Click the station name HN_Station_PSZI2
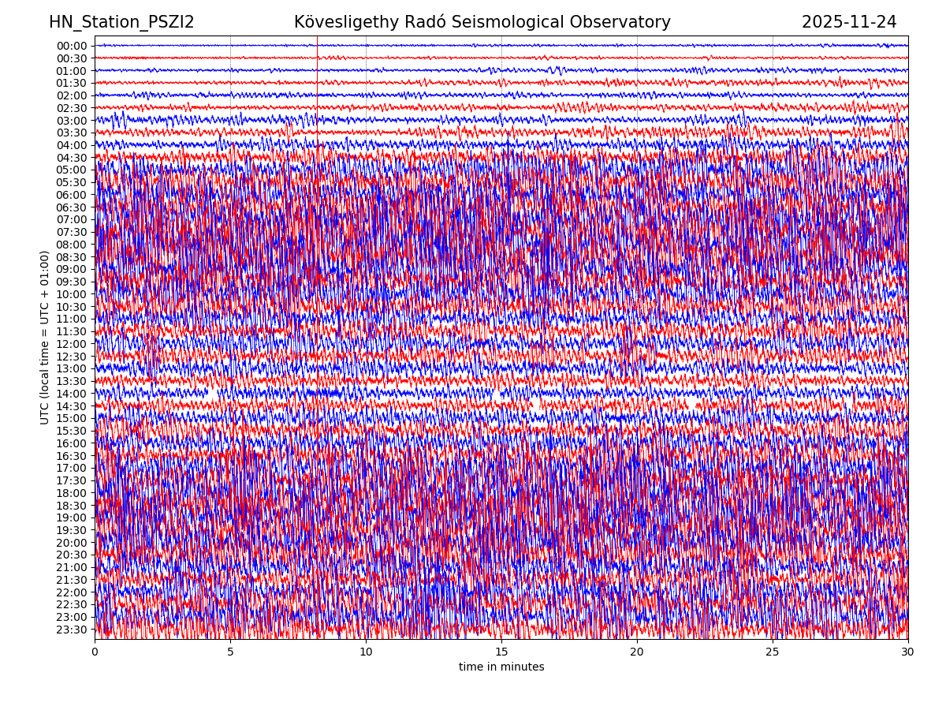(x=121, y=23)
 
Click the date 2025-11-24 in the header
(x=849, y=23)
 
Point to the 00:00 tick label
(x=72, y=46)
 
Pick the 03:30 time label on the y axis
(x=72, y=133)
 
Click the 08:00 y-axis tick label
(x=72, y=245)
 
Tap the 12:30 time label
(x=72, y=357)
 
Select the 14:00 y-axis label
(x=72, y=394)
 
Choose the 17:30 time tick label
(x=72, y=480)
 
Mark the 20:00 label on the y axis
(x=72, y=543)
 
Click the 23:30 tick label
(x=72, y=630)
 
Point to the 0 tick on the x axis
(x=95, y=652)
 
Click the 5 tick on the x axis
(x=230, y=652)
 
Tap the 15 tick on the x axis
(x=501, y=652)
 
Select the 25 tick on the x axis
(x=773, y=652)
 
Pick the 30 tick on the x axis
(x=908, y=652)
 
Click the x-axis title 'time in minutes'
(x=501, y=667)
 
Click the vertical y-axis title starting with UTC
(x=45, y=338)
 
